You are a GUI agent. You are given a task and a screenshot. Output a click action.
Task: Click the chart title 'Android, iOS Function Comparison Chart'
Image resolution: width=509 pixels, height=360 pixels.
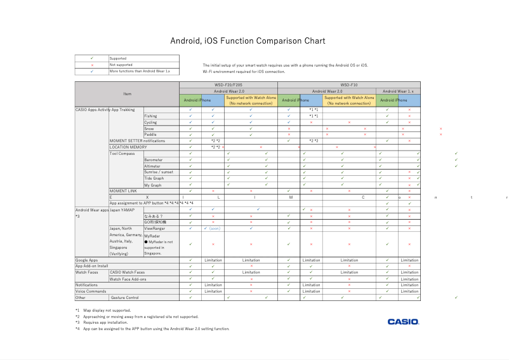click(248, 41)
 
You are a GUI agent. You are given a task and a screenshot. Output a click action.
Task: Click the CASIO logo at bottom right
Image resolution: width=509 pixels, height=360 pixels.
click(403, 322)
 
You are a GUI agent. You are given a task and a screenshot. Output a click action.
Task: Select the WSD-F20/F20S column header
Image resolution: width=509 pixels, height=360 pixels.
click(228, 84)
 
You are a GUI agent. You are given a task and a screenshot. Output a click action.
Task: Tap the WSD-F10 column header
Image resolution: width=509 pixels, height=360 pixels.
click(349, 84)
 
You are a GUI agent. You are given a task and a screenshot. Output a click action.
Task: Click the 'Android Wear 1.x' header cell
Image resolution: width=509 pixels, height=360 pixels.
click(398, 91)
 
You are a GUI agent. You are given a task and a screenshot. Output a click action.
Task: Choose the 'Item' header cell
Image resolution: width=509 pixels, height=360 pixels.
click(127, 94)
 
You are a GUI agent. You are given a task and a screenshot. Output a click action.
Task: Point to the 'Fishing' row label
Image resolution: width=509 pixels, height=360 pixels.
click(150, 116)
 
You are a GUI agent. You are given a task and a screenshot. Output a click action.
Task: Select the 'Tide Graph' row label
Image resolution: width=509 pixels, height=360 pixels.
click(154, 178)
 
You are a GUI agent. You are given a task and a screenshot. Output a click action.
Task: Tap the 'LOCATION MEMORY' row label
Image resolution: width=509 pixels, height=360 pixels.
click(128, 147)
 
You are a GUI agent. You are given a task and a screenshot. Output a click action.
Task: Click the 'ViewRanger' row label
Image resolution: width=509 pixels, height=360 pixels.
click(154, 229)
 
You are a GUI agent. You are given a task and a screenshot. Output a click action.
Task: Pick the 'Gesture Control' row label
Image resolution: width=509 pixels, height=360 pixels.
click(125, 297)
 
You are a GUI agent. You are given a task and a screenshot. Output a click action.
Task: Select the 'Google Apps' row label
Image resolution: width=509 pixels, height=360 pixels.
click(86, 260)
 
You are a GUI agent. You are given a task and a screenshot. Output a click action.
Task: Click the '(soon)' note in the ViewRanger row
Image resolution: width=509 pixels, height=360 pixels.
click(215, 229)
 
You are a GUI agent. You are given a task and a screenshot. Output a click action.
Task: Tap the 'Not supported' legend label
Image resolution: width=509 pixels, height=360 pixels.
click(121, 65)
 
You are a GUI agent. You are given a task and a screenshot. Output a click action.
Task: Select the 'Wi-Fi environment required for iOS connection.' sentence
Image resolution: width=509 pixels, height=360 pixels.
click(244, 72)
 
